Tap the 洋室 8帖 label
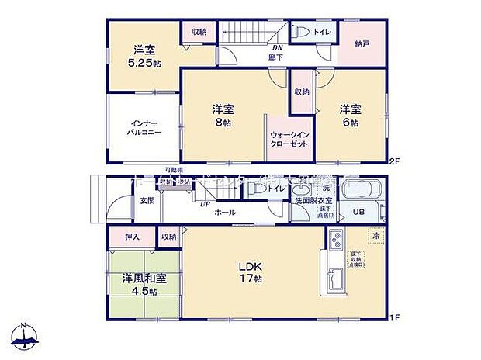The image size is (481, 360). (x=224, y=115)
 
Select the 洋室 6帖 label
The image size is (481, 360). (x=348, y=115)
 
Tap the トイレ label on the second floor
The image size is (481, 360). (x=320, y=32)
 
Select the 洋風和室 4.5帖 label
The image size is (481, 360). (x=140, y=284)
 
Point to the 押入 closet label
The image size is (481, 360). (x=132, y=237)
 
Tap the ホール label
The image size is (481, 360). (x=226, y=212)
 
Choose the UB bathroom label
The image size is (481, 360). (x=359, y=212)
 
